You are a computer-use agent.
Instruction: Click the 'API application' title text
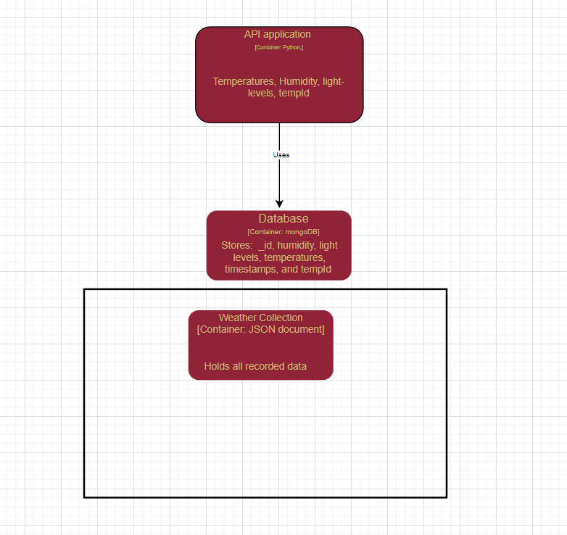(278, 34)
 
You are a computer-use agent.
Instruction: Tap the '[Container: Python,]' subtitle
(279, 47)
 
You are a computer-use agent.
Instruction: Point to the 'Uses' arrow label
(281, 154)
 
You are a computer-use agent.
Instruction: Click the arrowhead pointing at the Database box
(279, 204)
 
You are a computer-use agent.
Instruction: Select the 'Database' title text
(283, 218)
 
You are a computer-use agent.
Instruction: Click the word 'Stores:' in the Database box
(237, 245)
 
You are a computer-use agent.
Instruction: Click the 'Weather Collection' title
(261, 318)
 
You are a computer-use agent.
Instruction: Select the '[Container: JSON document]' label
(261, 329)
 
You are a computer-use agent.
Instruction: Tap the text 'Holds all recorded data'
(255, 366)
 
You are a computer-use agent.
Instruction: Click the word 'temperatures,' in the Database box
(294, 257)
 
